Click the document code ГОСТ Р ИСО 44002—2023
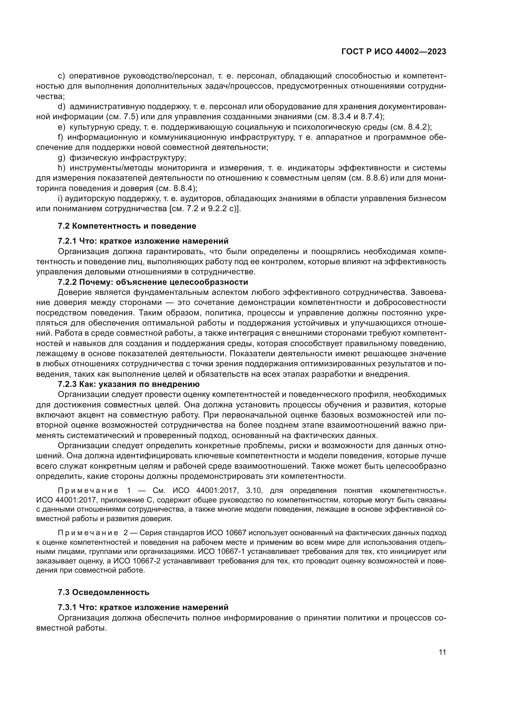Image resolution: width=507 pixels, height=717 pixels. tap(394, 52)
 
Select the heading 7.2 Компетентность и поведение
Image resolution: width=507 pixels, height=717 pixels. tap(127, 226)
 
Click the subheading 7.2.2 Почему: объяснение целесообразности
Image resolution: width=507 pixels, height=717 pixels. tap(153, 282)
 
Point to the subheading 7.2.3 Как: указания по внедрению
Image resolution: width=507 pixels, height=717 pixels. tap(129, 384)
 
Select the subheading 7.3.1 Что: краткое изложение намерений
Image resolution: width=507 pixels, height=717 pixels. tap(143, 607)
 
